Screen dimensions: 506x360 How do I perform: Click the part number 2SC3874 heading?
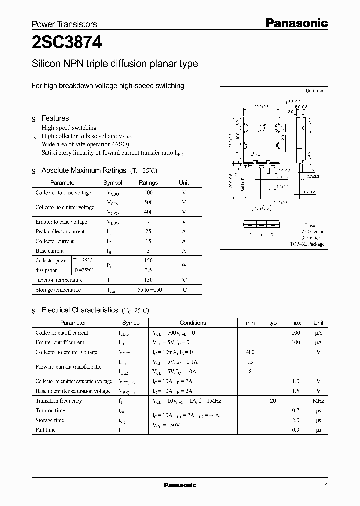coord(67,43)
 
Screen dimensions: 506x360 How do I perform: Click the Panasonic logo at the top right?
coord(296,23)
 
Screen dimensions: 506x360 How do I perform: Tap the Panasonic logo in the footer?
coord(180,485)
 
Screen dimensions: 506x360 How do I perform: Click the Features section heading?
coord(55,118)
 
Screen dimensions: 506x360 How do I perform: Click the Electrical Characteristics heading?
coord(80,310)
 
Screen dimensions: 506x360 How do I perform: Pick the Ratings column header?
coord(148,183)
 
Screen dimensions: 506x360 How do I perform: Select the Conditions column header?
coord(193,323)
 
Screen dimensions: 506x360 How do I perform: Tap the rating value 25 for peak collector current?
coord(148,231)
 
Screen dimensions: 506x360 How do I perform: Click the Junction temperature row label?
coord(59,280)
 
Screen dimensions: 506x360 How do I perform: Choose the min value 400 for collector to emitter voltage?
coord(250,352)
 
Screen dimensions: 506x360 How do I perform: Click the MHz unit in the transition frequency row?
coord(318,401)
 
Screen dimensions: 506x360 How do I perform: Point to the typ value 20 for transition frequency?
coord(273,401)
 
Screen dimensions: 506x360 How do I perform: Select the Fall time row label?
coord(46,430)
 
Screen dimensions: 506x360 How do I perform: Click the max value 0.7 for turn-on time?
coord(295,410)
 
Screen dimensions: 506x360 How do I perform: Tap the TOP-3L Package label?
coord(308,244)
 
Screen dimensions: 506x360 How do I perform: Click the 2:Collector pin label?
coord(312,232)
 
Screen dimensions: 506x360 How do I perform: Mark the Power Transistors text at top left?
coord(64,24)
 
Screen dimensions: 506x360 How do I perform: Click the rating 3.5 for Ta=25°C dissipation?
coord(148,270)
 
